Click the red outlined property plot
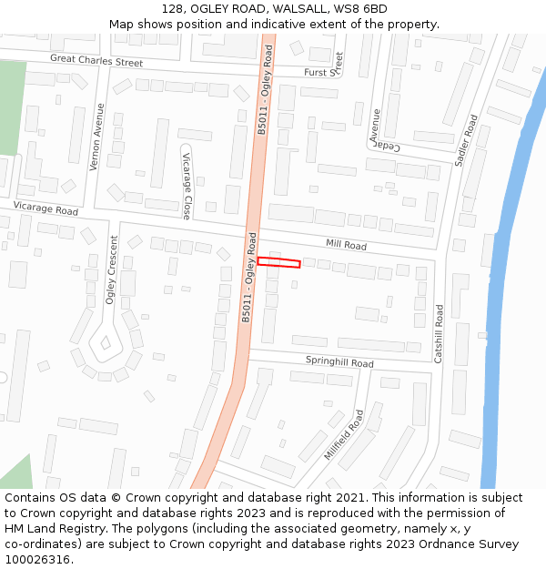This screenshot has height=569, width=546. point(278,263)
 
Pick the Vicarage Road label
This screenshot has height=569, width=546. point(45,209)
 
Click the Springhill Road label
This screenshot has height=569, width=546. point(339,362)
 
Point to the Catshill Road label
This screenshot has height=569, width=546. point(439,334)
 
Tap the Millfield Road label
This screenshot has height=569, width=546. point(344,434)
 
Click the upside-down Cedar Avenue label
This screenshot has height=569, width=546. point(380,133)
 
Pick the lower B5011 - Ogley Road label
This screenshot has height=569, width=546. point(248,278)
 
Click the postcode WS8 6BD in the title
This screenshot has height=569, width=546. point(361,9)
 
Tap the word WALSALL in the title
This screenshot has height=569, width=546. point(272,9)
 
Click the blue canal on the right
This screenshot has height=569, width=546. point(506,273)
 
